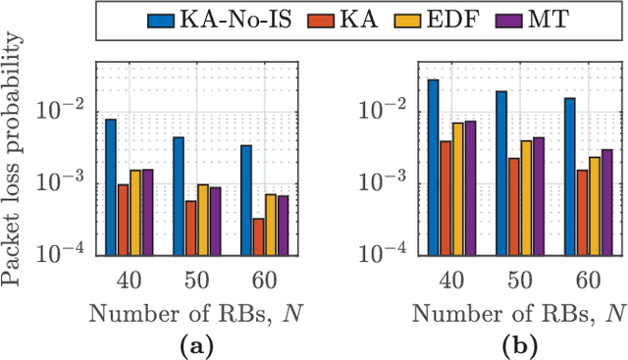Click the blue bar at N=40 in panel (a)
[111, 186]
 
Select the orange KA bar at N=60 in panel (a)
[230, 236]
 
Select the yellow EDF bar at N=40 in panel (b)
[457, 188]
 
